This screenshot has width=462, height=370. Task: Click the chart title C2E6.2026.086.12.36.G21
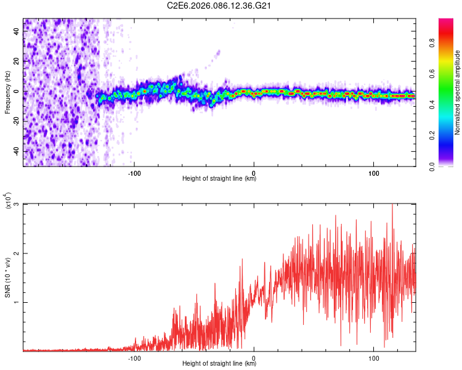pos(219,6)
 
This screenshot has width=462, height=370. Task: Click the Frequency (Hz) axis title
pos(7,92)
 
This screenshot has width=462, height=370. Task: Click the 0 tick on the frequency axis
pos(17,92)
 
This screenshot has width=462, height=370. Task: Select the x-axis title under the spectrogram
pos(219,178)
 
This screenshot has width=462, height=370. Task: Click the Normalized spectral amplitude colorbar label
pos(457,92)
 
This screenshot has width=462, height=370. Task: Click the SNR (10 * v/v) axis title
pos(7,277)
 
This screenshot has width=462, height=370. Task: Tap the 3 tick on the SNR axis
pos(17,204)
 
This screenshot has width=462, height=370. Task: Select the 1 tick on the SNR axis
pos(17,302)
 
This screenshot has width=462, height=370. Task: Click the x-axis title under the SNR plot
pos(219,364)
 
